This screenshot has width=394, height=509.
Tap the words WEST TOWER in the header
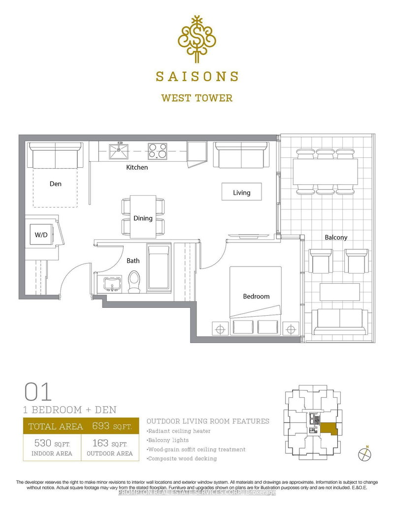(197, 97)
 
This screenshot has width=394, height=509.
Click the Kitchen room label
(137, 167)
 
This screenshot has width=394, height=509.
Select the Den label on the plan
(55, 183)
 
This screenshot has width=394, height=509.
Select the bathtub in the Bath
(159, 269)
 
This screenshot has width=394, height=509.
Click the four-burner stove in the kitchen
(158, 150)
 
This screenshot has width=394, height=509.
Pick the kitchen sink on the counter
(119, 151)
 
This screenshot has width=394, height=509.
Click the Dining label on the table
(143, 218)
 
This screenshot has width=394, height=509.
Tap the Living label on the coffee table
(241, 192)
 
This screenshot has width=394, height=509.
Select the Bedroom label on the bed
(256, 296)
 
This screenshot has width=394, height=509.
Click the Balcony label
(336, 237)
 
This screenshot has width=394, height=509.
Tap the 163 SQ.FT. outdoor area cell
(109, 448)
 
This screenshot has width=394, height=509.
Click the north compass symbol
(365, 453)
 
